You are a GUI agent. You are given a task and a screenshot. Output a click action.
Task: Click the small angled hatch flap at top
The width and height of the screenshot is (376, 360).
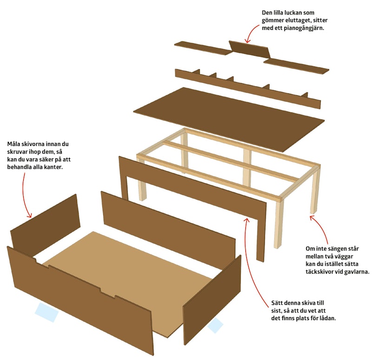point(250,49)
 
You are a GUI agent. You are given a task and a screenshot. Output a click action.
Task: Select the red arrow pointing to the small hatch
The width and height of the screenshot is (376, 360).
point(252,33)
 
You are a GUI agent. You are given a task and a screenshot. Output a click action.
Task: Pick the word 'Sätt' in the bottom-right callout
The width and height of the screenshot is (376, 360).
point(277,303)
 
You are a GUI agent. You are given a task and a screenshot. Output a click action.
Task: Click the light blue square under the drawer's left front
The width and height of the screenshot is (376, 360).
point(46,312)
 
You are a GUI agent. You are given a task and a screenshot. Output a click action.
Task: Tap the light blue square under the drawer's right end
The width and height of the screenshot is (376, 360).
point(215,325)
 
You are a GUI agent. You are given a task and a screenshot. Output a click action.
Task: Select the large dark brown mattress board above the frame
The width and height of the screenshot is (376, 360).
point(229,119)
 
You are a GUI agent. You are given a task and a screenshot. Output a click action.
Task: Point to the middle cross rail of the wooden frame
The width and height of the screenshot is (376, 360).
point(230,161)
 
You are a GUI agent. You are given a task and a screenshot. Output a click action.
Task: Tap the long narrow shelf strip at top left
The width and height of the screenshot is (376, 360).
point(202,48)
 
